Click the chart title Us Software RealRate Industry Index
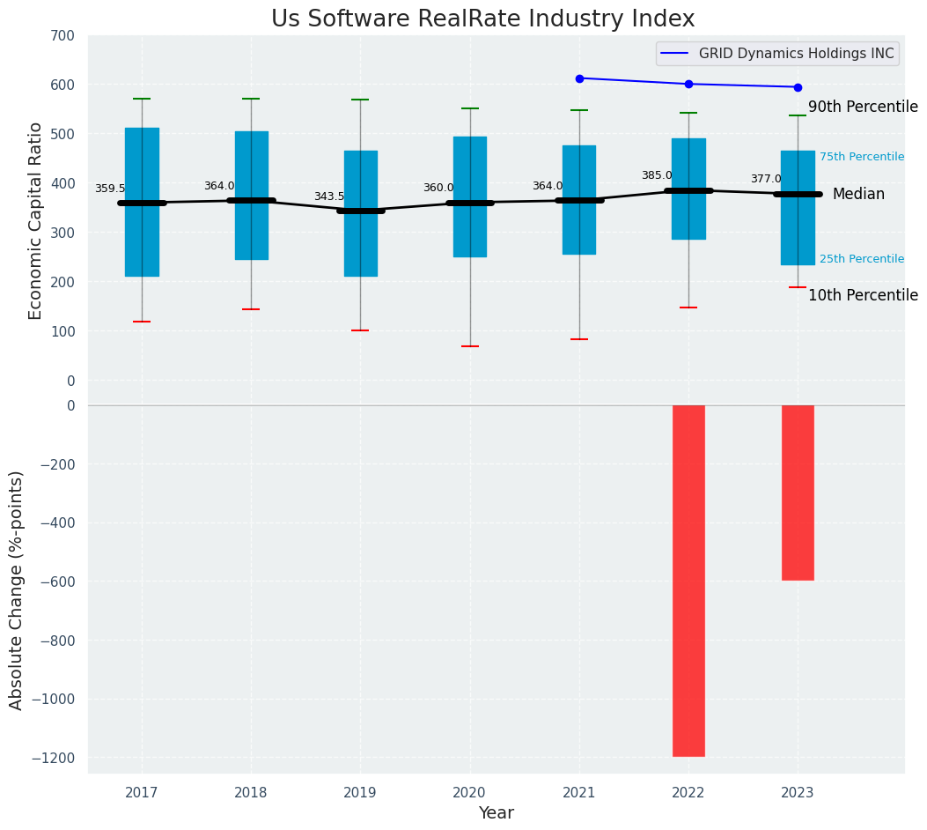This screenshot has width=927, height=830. [x=482, y=19]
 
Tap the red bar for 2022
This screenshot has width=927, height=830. [x=688, y=580]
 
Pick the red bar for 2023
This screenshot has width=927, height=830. [x=798, y=492]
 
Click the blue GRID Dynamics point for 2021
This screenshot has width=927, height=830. [x=579, y=78]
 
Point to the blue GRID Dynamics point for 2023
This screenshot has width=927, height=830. [x=798, y=87]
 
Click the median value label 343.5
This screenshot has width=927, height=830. [x=329, y=196]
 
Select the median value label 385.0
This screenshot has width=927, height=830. [x=657, y=175]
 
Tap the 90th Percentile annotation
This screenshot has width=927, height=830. [x=863, y=107]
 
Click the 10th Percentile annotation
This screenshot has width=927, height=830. [x=863, y=295]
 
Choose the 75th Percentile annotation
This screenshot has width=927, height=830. [x=861, y=157]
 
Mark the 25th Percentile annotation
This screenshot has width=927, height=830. [x=861, y=259]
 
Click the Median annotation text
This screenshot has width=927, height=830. [x=858, y=194]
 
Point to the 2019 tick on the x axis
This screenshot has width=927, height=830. [x=360, y=793]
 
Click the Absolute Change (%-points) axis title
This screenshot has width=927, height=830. [x=17, y=589]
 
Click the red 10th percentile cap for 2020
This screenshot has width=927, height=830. [x=470, y=346]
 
